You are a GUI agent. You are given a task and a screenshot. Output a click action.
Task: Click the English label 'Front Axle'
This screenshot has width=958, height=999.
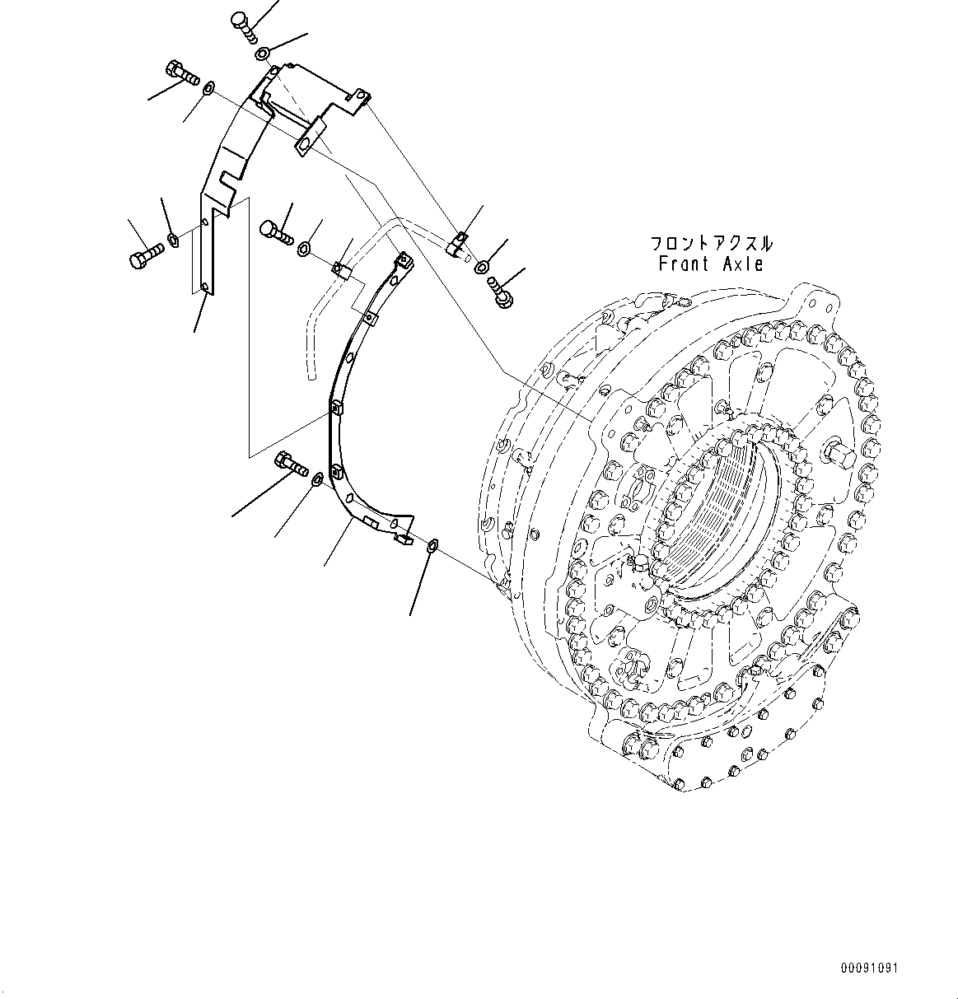coord(711,264)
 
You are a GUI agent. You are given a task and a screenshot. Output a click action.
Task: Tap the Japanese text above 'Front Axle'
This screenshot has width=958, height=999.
coord(711,244)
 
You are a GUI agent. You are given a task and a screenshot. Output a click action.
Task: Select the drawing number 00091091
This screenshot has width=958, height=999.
coord(869,967)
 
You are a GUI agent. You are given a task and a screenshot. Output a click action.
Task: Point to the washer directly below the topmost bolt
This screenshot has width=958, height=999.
coord(261,54)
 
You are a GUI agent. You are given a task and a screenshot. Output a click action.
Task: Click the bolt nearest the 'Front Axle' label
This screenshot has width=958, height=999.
coord(500,291)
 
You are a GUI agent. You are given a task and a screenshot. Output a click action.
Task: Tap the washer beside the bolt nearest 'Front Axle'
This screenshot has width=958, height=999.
coord(482,266)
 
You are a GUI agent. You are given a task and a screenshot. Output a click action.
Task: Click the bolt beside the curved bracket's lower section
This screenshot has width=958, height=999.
coord(292,464)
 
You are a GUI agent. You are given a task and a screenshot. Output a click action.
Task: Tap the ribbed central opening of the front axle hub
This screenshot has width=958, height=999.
coord(725,511)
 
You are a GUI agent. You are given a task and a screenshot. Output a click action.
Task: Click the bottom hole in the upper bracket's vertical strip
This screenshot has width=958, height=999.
coord(203,287)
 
